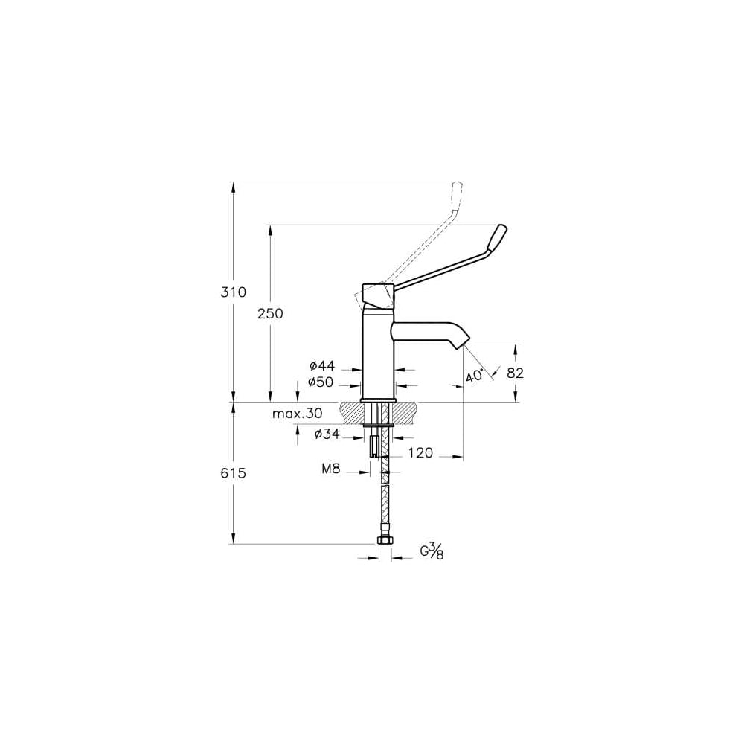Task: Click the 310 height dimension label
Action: (x=234, y=292)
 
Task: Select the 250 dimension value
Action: (x=270, y=314)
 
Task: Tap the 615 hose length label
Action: (x=234, y=472)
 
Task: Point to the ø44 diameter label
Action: (x=322, y=365)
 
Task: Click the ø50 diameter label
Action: (x=321, y=382)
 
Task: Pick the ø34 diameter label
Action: (x=327, y=433)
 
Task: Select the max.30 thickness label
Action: (x=298, y=413)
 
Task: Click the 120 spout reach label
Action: (x=421, y=453)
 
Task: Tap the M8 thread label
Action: (x=331, y=469)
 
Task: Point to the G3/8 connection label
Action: (x=432, y=552)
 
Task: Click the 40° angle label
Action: (x=474, y=376)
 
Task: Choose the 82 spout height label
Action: (x=516, y=373)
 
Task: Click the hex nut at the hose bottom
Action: (x=385, y=540)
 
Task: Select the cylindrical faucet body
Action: (x=378, y=353)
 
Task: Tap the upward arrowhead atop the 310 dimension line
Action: (x=233, y=187)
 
